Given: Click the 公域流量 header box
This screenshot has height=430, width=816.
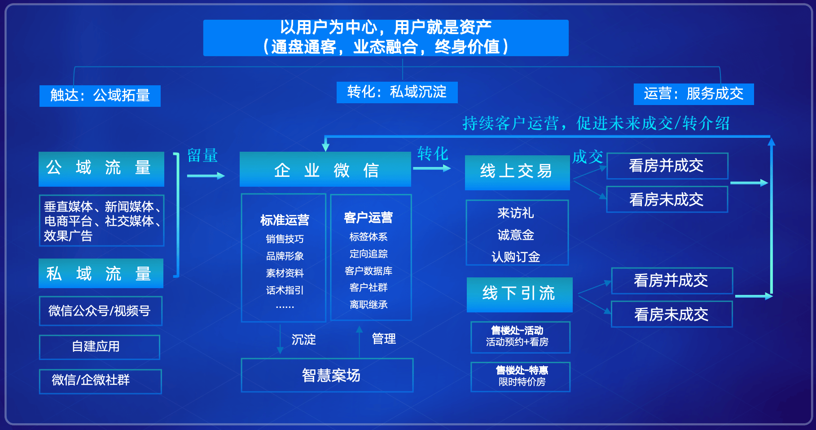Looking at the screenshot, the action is [101, 169].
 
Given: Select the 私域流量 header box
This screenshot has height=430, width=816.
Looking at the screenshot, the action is [101, 273].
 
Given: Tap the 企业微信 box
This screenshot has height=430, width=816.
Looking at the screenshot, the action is [325, 169].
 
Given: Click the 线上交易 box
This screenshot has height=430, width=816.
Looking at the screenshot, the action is [518, 172].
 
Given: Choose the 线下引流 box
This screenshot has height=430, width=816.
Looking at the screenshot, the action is [520, 294].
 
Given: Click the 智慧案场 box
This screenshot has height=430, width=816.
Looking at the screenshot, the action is [327, 375].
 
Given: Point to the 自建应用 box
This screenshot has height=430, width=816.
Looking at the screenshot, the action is [100, 347].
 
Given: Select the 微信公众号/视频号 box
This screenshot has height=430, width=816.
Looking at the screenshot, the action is [101, 311].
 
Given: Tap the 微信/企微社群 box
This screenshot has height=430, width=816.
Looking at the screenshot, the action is [101, 381].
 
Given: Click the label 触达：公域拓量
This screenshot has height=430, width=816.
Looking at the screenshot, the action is [100, 96].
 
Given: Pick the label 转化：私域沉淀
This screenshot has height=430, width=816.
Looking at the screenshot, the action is [397, 92].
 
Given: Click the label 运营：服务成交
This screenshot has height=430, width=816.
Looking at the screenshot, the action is [694, 94].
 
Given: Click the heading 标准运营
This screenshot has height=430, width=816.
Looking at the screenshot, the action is [285, 220].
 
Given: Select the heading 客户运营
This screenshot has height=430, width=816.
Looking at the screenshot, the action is [368, 218].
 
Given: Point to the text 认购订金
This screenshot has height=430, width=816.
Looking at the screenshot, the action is [516, 257].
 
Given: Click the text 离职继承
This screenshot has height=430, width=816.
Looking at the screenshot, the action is [369, 304].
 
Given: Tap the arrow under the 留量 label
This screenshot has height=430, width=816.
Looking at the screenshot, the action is [206, 176].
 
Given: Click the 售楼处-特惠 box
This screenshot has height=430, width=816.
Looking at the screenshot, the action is [521, 377].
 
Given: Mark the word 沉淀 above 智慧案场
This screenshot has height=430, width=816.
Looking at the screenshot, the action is [304, 340].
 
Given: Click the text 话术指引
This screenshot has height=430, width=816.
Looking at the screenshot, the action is [285, 290].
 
